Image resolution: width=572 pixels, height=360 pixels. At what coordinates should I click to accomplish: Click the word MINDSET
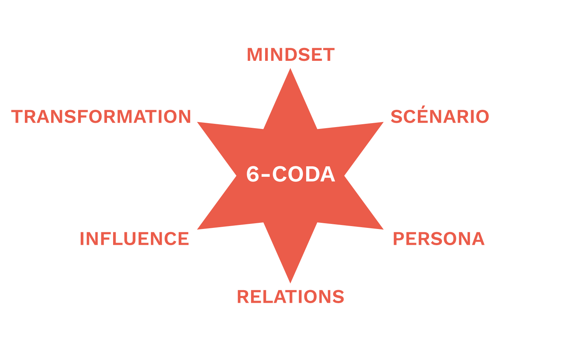point(290,55)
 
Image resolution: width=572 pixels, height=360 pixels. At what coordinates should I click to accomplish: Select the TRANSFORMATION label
point(101,117)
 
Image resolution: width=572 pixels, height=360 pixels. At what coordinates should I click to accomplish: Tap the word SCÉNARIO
point(440,117)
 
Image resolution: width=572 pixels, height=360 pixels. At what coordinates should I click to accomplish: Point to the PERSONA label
point(439,239)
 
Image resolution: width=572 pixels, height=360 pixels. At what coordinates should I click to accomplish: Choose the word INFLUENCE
point(134,239)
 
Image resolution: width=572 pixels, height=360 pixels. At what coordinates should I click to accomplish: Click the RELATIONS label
point(290,297)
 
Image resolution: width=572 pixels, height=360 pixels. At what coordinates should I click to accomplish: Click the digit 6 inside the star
point(253,174)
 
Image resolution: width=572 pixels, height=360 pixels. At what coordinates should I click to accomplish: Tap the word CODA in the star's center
point(304,174)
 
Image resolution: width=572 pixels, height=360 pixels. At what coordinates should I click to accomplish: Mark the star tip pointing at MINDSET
point(290,72)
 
